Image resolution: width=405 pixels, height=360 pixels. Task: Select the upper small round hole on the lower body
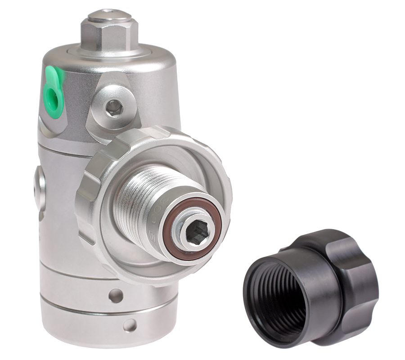[116, 296]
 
